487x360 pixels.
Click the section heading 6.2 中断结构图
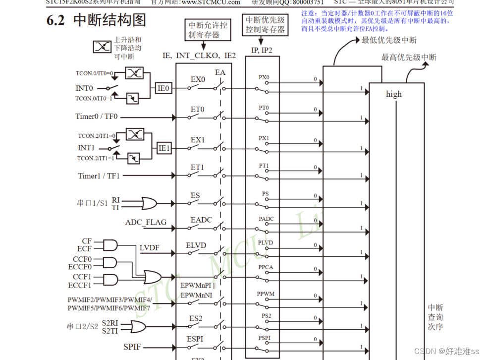96,20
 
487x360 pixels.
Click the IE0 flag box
163,88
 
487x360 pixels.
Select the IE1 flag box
164,148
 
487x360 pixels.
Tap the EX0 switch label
198,79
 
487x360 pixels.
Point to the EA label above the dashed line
220,73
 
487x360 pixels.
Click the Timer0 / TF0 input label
97,117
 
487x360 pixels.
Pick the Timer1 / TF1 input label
99,176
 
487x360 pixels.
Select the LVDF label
149,248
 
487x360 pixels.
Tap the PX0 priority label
264,78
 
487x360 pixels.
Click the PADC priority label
266,219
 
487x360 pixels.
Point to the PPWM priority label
266,294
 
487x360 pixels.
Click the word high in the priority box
394,94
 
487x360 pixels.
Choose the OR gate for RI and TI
148,203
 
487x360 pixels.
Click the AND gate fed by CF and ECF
109,245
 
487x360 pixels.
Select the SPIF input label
133,347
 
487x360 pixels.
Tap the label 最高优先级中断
409,58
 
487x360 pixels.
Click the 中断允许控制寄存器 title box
208,30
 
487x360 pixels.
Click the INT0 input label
85,88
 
